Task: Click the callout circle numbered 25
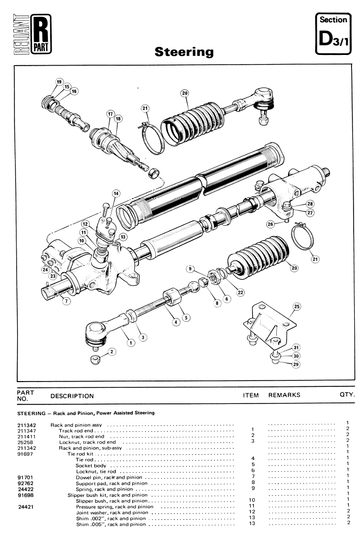pos(297,307)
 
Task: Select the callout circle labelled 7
pos(66,301)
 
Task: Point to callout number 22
pos(241,291)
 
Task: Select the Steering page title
pos(183,52)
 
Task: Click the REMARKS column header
pos(284,395)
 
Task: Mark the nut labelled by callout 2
pos(94,358)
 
